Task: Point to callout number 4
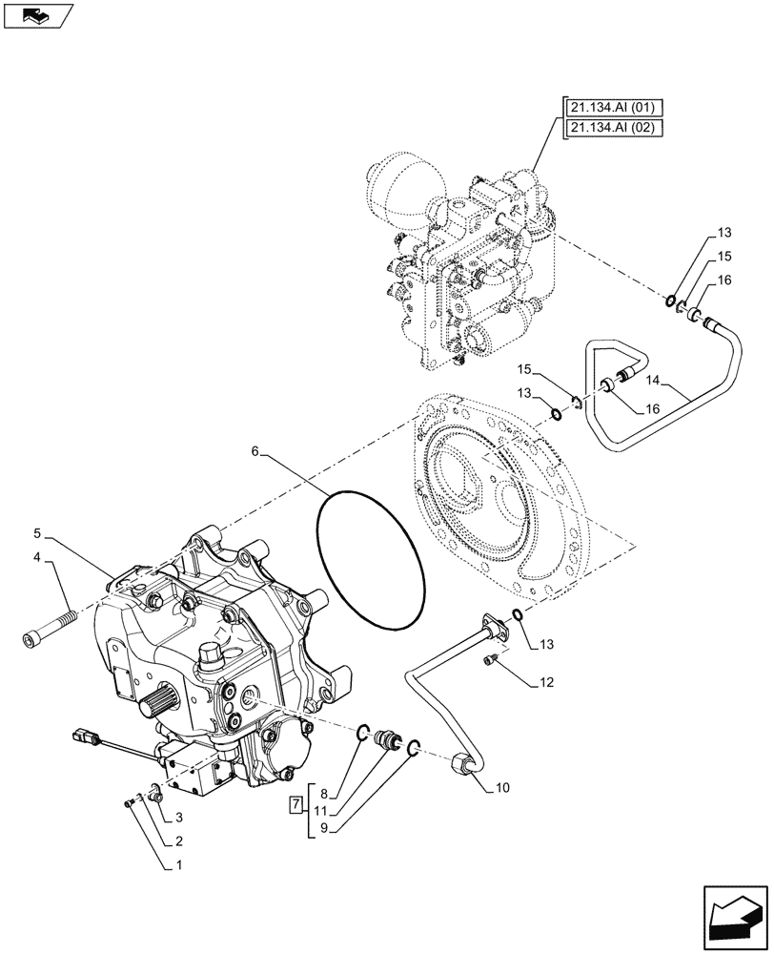[38, 556]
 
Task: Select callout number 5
[38, 531]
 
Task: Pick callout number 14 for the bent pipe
[652, 381]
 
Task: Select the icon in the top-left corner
[39, 15]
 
